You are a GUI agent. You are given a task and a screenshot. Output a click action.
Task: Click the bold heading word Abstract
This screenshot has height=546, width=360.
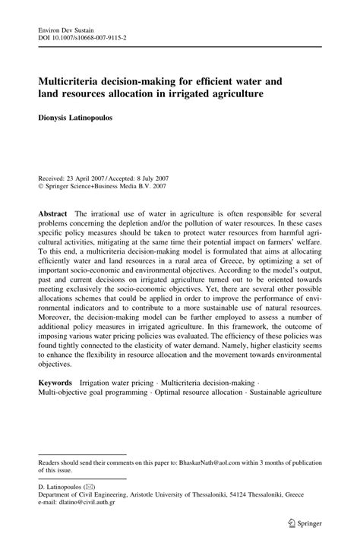click(53, 194)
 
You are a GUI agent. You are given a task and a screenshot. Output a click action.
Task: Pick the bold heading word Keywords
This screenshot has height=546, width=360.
click(55, 385)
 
